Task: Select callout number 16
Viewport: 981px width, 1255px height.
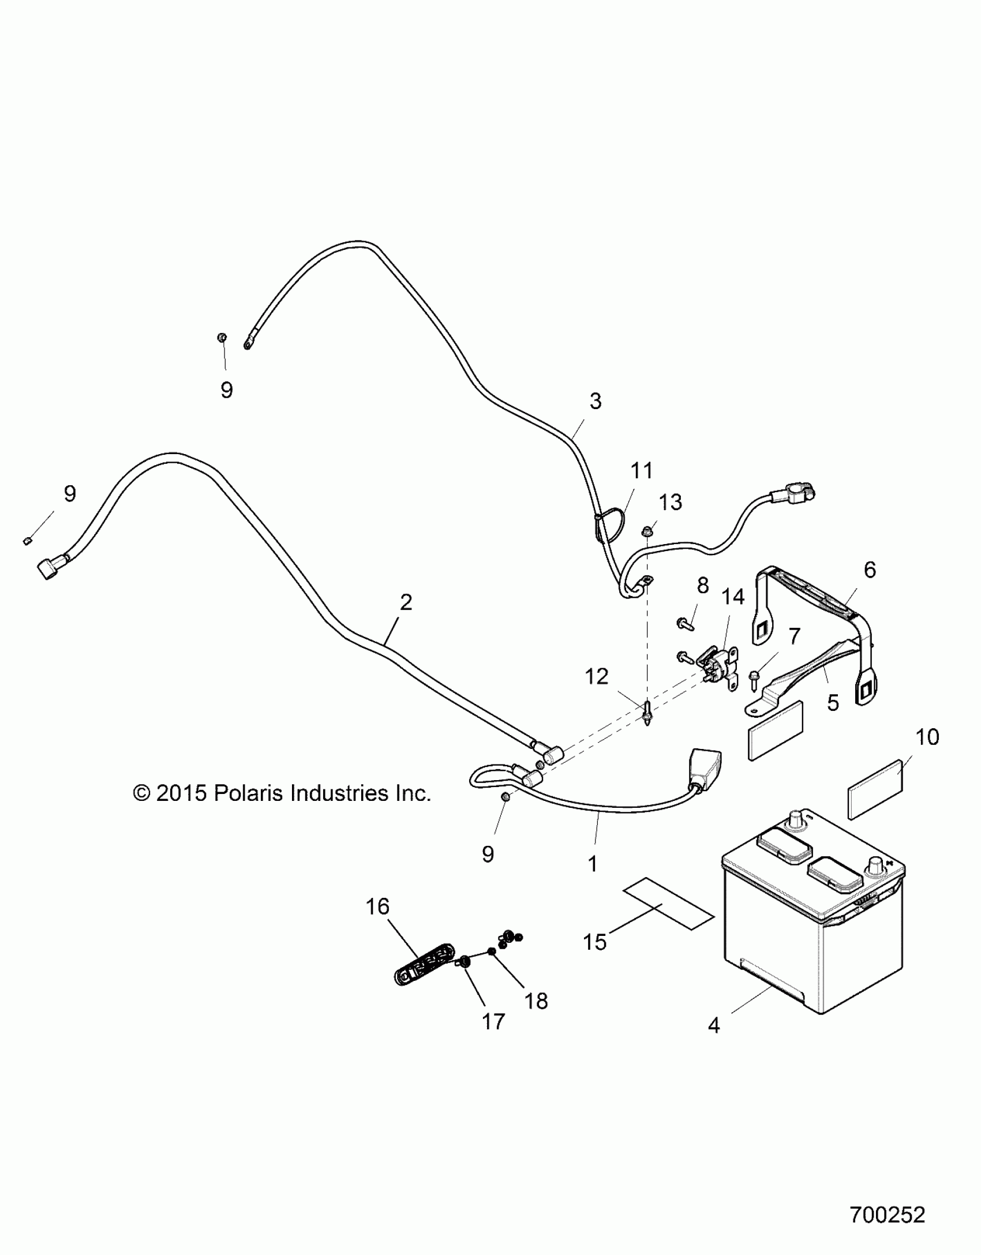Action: click(377, 906)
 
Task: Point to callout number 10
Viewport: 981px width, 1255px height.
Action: click(927, 737)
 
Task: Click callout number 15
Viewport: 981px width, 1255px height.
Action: click(596, 942)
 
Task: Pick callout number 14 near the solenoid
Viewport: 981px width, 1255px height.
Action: click(733, 597)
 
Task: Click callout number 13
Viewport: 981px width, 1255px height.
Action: click(671, 502)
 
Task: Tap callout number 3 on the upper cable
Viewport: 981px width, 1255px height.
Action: click(596, 401)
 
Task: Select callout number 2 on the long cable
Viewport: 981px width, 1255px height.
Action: click(406, 602)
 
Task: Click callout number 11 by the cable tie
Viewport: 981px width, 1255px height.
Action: click(642, 470)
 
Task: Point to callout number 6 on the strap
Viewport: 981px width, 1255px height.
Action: click(870, 570)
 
